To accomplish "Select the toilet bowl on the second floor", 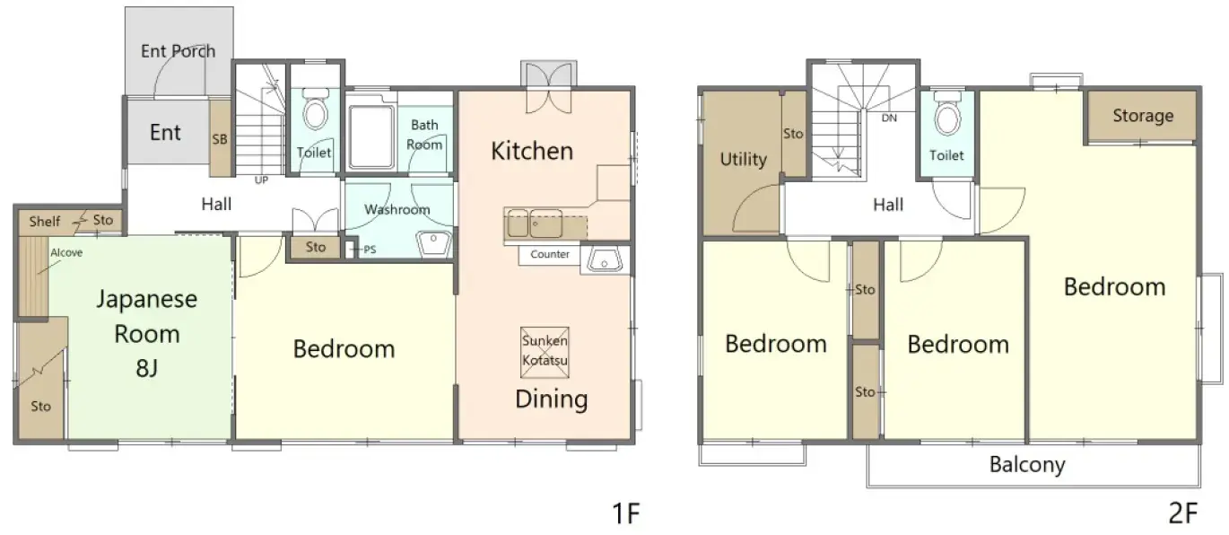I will (947, 116).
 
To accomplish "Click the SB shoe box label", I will (220, 139).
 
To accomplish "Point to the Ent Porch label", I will (178, 51).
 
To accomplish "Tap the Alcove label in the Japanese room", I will (66, 253).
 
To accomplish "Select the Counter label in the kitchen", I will (550, 255).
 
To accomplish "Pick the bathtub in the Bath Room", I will (371, 136).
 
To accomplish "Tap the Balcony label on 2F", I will (1027, 465).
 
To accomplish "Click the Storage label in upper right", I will (1142, 116).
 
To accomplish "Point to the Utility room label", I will (743, 160).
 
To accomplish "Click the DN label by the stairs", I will (889, 118).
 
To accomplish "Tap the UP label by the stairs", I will (262, 180).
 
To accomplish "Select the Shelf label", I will (45, 221).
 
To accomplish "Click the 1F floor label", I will (624, 513).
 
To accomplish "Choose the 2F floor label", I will (1182, 513).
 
